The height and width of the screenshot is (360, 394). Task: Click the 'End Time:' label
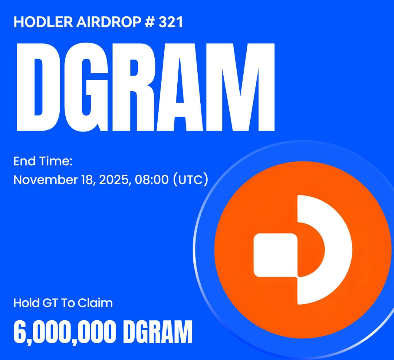(43, 161)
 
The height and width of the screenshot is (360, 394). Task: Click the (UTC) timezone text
(190, 180)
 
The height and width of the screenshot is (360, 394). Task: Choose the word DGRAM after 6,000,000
(158, 332)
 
